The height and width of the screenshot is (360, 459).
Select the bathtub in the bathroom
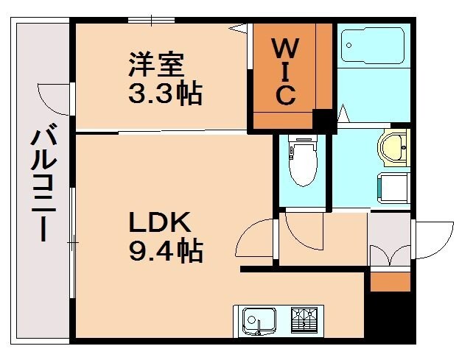(x=373, y=45)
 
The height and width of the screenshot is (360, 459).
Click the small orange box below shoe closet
(x=389, y=281)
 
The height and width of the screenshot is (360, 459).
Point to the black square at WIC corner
(x=322, y=119)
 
